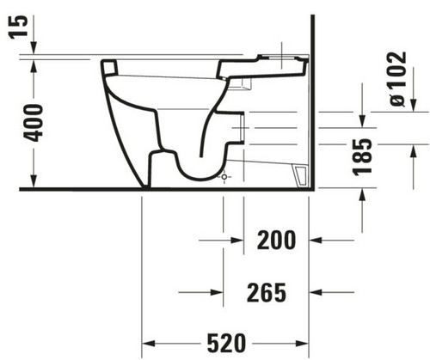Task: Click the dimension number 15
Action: (x=18, y=27)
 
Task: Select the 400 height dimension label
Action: (x=33, y=123)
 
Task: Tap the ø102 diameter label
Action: (x=398, y=79)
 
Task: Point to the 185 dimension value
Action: (x=362, y=157)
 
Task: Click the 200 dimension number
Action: (x=276, y=240)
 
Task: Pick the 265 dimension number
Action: (x=267, y=293)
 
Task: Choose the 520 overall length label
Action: (x=226, y=343)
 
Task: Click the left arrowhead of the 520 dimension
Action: (x=149, y=343)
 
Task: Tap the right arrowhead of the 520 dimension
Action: (x=302, y=343)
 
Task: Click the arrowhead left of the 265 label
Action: (x=217, y=292)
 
